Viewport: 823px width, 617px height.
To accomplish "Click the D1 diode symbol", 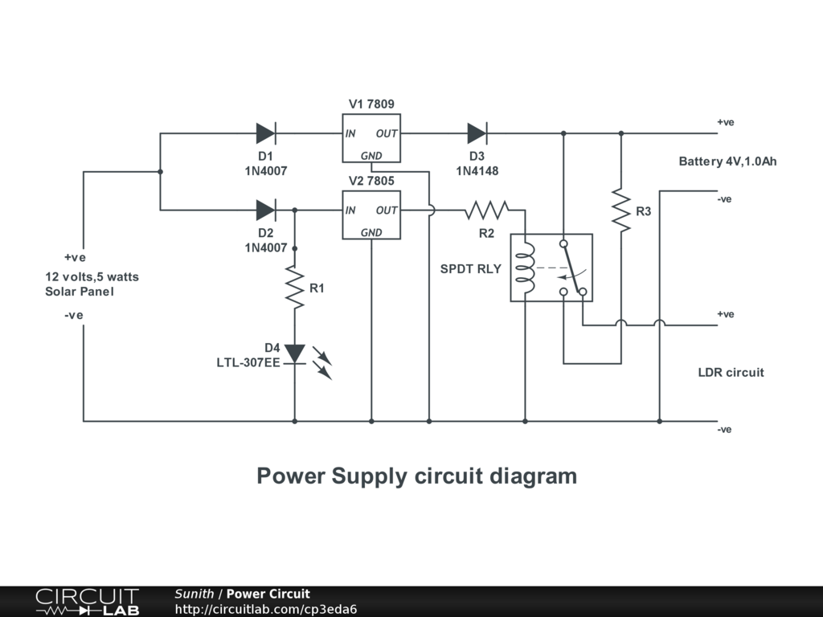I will [266, 133].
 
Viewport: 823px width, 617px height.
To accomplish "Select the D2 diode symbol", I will [266, 210].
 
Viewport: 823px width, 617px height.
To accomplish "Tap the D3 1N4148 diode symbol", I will [477, 133].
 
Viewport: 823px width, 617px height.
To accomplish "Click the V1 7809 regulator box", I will [371, 138].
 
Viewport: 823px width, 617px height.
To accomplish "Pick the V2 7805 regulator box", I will [371, 215].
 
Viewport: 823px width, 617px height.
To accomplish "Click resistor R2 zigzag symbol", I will [486, 210].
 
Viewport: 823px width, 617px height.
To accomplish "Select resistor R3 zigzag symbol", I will [620, 210].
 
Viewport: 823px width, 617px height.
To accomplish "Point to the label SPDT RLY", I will [470, 269].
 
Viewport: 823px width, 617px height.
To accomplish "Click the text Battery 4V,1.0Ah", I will [727, 161].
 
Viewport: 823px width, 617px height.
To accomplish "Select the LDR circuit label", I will [731, 373].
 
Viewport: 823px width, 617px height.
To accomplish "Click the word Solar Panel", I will [80, 292].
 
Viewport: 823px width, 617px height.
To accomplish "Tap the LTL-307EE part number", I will [248, 362].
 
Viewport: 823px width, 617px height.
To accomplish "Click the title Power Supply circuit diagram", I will [416, 476].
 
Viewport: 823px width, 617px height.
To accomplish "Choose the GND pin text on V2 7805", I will [371, 233].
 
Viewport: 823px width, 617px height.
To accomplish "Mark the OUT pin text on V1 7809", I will [387, 134].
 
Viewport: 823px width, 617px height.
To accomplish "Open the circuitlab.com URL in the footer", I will [266, 609].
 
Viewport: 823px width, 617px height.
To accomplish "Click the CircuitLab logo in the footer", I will [87, 602].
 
